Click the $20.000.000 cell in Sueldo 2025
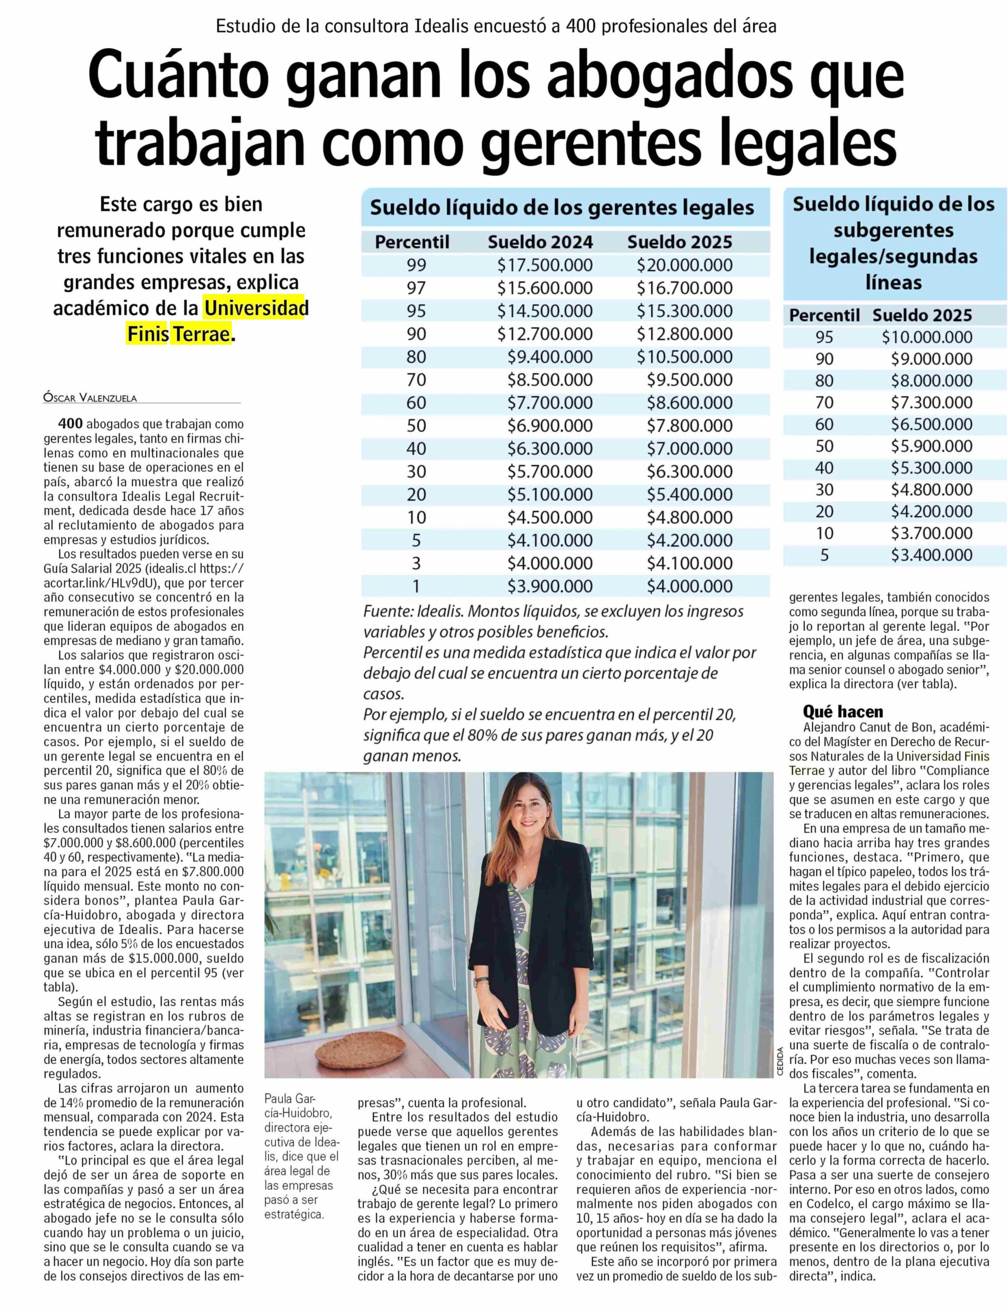[685, 265]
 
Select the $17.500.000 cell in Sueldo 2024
[545, 265]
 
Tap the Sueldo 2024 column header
[540, 242]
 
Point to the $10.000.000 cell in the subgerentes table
[926, 337]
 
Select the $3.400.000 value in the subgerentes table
[931, 555]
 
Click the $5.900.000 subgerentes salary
[931, 446]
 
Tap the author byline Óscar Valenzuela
[90, 397]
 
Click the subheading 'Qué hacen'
[843, 711]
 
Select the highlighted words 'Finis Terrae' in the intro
[179, 334]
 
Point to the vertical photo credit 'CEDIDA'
[780, 1062]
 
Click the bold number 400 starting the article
[70, 424]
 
